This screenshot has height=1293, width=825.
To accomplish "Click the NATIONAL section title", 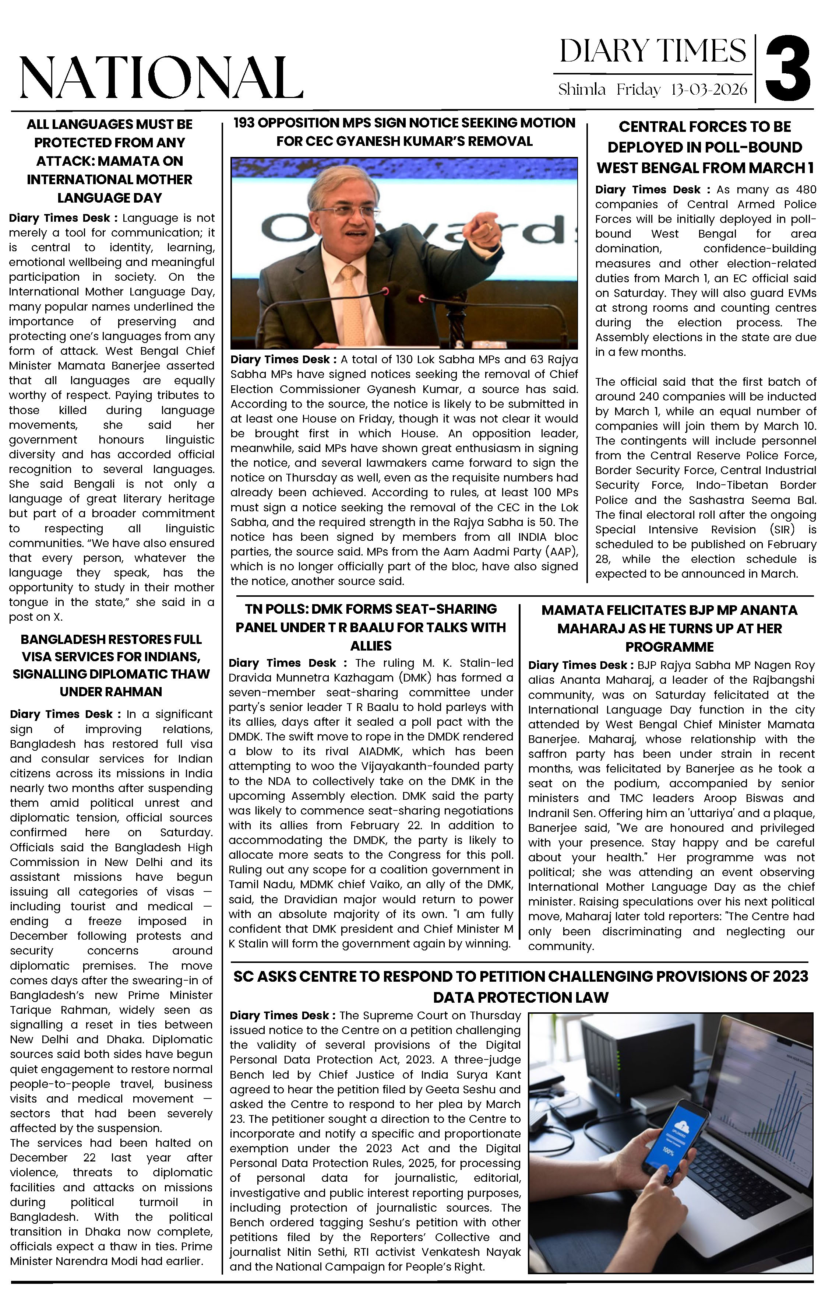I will (x=161, y=78).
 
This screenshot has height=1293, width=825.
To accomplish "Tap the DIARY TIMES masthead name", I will (x=652, y=52).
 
